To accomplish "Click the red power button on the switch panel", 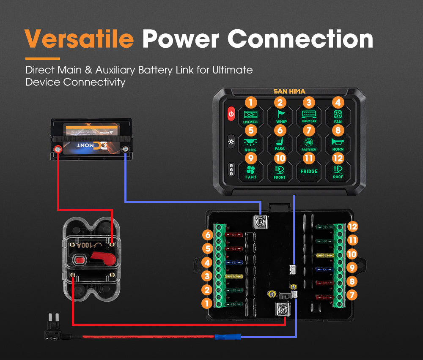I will click(231, 114).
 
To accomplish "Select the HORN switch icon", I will click(338, 143).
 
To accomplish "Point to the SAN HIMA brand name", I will click(289, 91).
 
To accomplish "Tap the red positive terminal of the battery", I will click(57, 149).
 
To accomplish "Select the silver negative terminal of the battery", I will click(125, 149).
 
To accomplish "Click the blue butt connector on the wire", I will click(228, 337).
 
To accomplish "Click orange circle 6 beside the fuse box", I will click(207, 235).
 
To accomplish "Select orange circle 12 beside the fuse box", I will click(352, 226).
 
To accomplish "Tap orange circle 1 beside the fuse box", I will click(207, 303).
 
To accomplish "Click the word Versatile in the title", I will click(80, 39).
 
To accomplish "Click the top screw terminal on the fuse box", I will click(261, 221).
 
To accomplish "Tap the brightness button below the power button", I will click(231, 141).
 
